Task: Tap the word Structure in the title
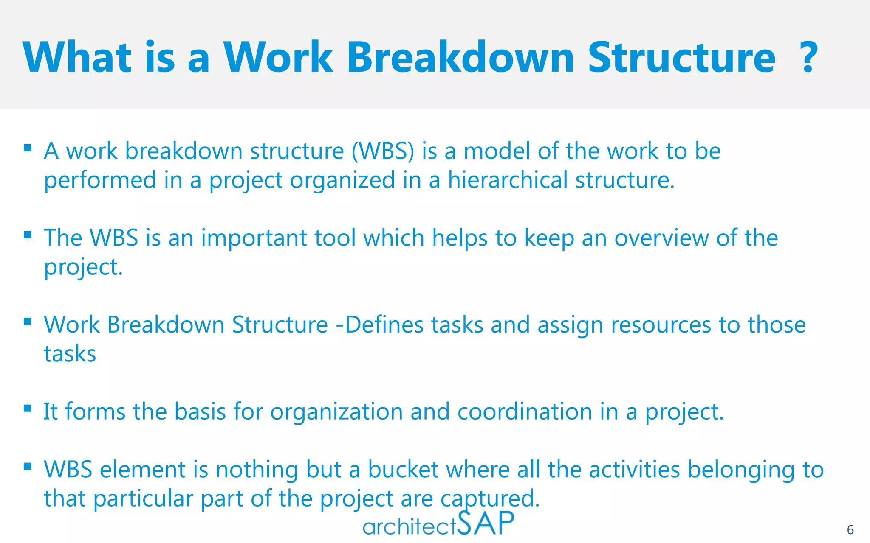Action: coord(681,57)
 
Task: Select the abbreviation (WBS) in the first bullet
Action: coord(383,151)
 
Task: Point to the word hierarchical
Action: coord(508,180)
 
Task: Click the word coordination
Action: coord(525,412)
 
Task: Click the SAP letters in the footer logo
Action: coord(486,523)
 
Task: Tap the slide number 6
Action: coord(850,530)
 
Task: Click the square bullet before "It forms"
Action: coord(28,408)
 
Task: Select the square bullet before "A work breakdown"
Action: coord(28,148)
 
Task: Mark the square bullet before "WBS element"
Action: coord(28,466)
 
